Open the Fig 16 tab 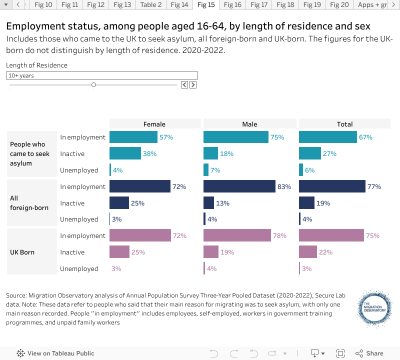(232, 5)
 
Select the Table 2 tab (150, 5)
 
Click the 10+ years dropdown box (102, 75)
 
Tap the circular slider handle (93, 85)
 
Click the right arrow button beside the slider (193, 85)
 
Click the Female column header (154, 124)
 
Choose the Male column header (249, 124)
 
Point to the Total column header (344, 124)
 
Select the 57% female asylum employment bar (133, 137)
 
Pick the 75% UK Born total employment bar (331, 235)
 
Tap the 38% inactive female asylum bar (125, 153)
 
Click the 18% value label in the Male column (227, 153)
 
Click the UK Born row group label (22, 252)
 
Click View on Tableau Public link (56, 353)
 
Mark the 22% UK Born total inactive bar (308, 252)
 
